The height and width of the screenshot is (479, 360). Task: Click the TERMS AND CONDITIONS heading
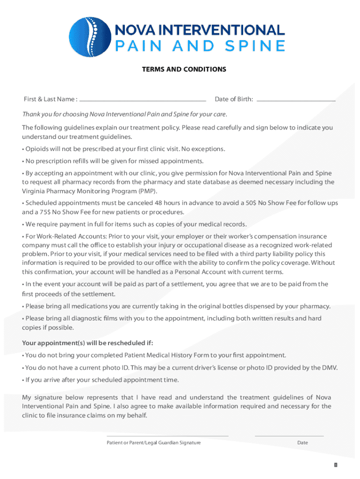click(x=184, y=69)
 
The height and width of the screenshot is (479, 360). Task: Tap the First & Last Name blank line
click(x=143, y=100)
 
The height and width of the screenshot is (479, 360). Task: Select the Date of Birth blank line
click(x=296, y=100)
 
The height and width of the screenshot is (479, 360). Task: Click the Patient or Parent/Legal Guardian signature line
click(x=167, y=435)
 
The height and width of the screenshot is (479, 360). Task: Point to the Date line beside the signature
click(x=289, y=435)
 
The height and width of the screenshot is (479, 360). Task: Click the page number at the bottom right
click(x=335, y=465)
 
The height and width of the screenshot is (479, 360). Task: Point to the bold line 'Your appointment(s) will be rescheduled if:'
click(x=87, y=342)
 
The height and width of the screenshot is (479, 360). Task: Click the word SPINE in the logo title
click(x=258, y=46)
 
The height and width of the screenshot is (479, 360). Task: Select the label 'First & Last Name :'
click(x=50, y=99)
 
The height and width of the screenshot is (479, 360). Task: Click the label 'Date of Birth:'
click(x=234, y=99)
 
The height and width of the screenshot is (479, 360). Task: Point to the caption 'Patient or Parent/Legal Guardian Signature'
click(x=153, y=443)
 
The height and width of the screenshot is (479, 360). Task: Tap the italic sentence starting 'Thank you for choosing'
click(x=125, y=115)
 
